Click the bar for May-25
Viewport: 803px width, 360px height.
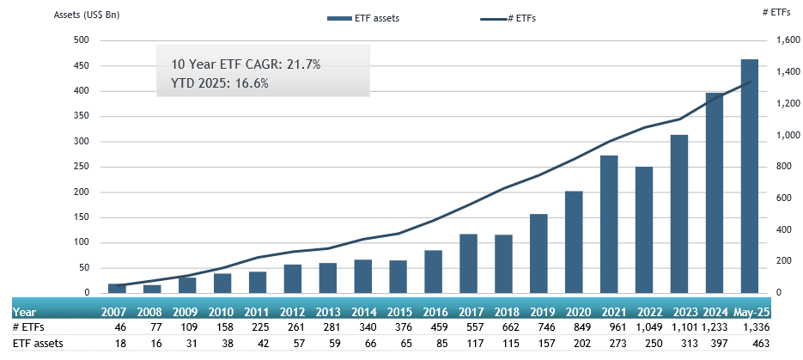point(749,176)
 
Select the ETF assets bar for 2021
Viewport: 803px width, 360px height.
point(610,224)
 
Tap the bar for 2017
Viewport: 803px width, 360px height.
point(469,264)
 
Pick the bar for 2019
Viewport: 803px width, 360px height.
point(539,253)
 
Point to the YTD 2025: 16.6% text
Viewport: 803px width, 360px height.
point(221,83)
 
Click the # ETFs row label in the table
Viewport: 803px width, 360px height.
point(28,328)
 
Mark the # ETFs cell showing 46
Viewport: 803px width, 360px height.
point(121,328)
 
